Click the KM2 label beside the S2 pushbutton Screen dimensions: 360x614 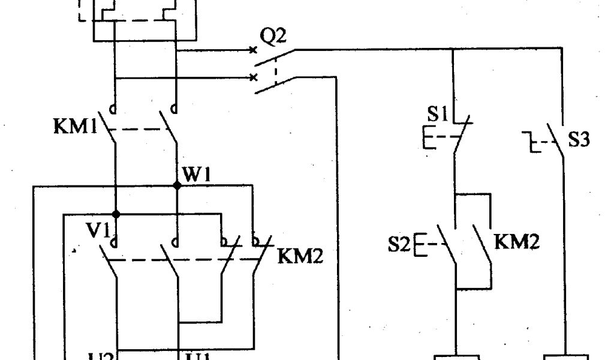(x=517, y=243)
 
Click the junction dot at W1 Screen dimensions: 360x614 (x=177, y=186)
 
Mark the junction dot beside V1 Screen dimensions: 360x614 (x=116, y=214)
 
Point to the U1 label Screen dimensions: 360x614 (x=198, y=357)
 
